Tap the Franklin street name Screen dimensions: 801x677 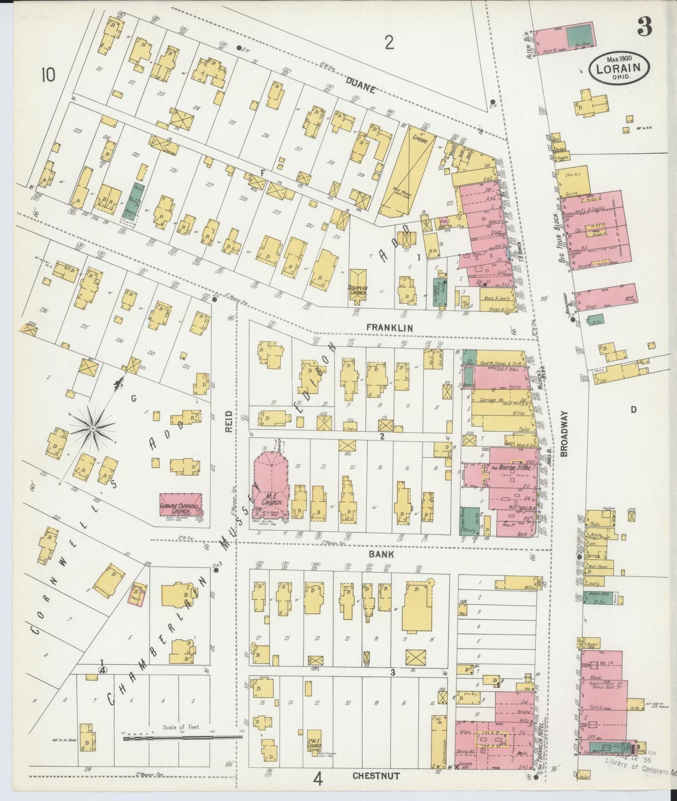pyautogui.click(x=390, y=328)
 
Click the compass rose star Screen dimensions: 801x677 pyautogui.click(x=93, y=428)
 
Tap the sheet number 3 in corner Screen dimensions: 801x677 pyautogui.click(x=644, y=29)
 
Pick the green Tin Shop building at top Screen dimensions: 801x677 pyautogui.click(x=579, y=37)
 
